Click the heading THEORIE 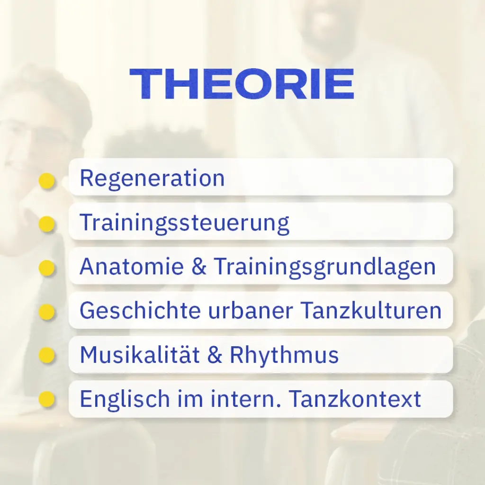(242, 84)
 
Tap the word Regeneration (152, 178)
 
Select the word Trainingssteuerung (184, 223)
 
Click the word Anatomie (132, 267)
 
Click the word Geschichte (140, 311)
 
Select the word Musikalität (140, 355)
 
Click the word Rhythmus (284, 355)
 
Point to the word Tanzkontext (355, 399)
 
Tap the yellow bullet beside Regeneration (46, 181)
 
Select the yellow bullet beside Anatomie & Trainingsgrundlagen (46, 269)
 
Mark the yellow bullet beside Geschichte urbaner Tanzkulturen (46, 312)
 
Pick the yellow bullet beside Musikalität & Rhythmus (46, 356)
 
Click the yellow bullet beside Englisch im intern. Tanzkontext (46, 400)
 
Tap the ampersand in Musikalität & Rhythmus (215, 355)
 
